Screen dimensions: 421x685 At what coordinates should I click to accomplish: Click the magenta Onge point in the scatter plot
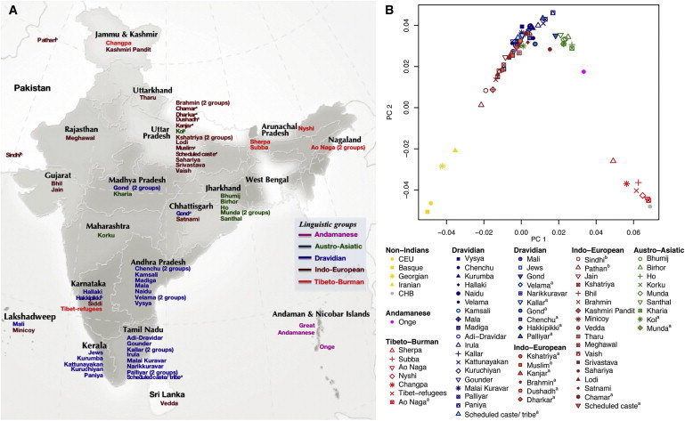(x=583, y=71)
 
